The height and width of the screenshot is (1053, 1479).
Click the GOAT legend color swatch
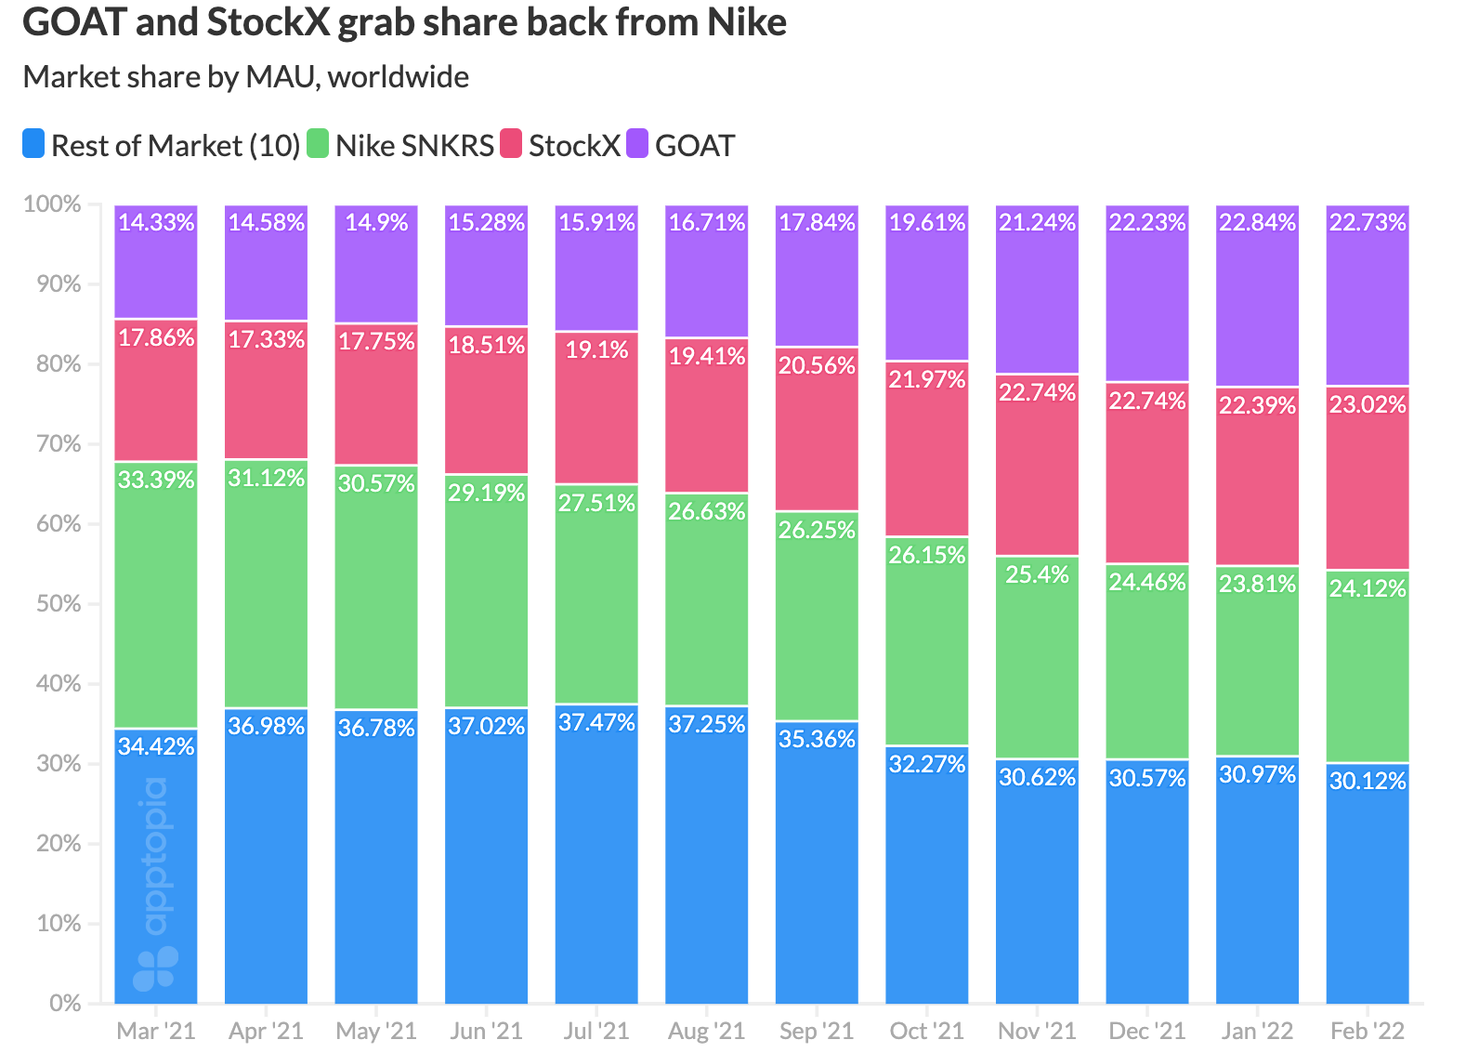tap(637, 144)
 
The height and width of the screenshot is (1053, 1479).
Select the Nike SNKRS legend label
tap(414, 146)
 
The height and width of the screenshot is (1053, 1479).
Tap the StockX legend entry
tap(573, 146)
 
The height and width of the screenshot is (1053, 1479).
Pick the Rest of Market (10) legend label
tap(176, 146)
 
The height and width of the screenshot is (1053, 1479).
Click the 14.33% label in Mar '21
tap(156, 222)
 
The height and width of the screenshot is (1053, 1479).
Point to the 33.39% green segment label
tap(156, 480)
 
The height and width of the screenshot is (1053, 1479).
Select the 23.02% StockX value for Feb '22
tap(1368, 404)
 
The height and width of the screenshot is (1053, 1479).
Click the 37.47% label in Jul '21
tap(596, 722)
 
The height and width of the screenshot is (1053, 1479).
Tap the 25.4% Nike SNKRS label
tap(1037, 574)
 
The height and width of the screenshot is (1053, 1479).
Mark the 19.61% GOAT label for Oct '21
tap(927, 222)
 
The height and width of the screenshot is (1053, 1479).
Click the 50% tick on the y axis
tap(59, 604)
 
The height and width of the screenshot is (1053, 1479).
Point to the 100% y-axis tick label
tap(53, 204)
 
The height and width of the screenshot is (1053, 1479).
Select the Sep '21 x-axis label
tap(817, 1031)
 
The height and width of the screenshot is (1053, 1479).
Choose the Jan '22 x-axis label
tap(1257, 1031)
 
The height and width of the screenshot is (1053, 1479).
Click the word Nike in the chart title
tap(747, 22)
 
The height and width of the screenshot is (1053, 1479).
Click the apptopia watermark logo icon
tap(155, 969)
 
